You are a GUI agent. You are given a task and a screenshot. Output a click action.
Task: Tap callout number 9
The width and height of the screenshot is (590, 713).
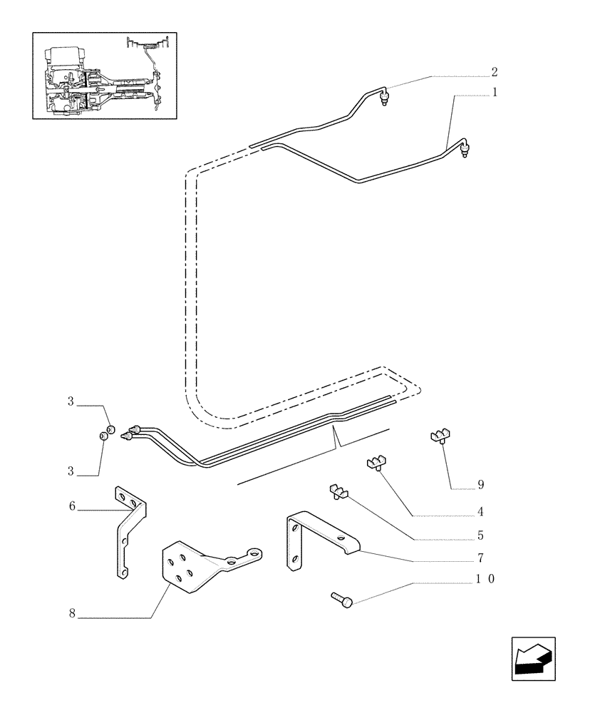pyautogui.click(x=480, y=485)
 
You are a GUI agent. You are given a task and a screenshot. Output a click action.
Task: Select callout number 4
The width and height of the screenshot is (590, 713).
pyautogui.click(x=481, y=511)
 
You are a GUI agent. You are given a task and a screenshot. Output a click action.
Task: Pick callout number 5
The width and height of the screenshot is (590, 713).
pyautogui.click(x=481, y=535)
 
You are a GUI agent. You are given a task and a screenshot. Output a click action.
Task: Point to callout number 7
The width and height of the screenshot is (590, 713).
pyautogui.click(x=481, y=558)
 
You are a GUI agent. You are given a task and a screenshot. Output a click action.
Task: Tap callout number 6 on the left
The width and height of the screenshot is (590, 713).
pyautogui.click(x=73, y=506)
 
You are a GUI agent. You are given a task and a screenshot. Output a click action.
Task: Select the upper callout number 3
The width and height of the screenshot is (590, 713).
pyautogui.click(x=71, y=402)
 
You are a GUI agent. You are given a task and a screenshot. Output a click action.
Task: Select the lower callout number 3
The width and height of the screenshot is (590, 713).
pyautogui.click(x=71, y=471)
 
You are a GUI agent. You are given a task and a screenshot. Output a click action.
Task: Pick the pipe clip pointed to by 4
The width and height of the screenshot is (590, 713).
pyautogui.click(x=377, y=464)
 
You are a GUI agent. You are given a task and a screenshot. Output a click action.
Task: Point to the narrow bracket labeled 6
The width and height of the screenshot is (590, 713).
pyautogui.click(x=128, y=531)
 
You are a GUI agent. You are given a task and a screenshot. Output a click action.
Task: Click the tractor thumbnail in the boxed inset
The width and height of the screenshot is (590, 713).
pyautogui.click(x=104, y=74)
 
